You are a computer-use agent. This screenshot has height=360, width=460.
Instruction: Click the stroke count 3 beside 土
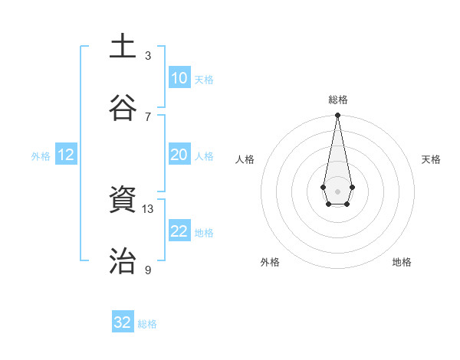[x=148, y=56]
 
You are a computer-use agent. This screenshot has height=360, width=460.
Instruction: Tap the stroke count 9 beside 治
[x=148, y=270]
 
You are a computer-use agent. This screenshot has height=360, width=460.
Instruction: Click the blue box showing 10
[x=179, y=78]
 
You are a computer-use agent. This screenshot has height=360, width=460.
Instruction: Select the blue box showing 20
[x=179, y=155]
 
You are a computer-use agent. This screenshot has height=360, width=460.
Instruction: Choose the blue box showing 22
[x=179, y=231]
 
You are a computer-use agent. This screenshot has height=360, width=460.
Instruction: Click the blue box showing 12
[x=66, y=155]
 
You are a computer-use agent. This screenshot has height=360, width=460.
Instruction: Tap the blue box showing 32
[x=123, y=322]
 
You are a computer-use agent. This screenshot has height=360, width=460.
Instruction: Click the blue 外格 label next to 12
[x=41, y=156]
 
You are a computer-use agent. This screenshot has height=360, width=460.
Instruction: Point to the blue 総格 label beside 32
[x=147, y=324]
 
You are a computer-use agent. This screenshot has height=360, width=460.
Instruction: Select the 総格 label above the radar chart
[x=337, y=100]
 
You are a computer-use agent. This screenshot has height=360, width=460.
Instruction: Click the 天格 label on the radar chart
[x=431, y=159]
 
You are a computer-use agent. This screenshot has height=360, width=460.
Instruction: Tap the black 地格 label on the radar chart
[x=402, y=262]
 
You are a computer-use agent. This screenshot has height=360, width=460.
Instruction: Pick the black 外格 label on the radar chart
[x=270, y=262]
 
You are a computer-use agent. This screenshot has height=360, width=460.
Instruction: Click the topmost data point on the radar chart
[x=337, y=116]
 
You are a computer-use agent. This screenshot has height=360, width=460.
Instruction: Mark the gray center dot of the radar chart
[x=337, y=190]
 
